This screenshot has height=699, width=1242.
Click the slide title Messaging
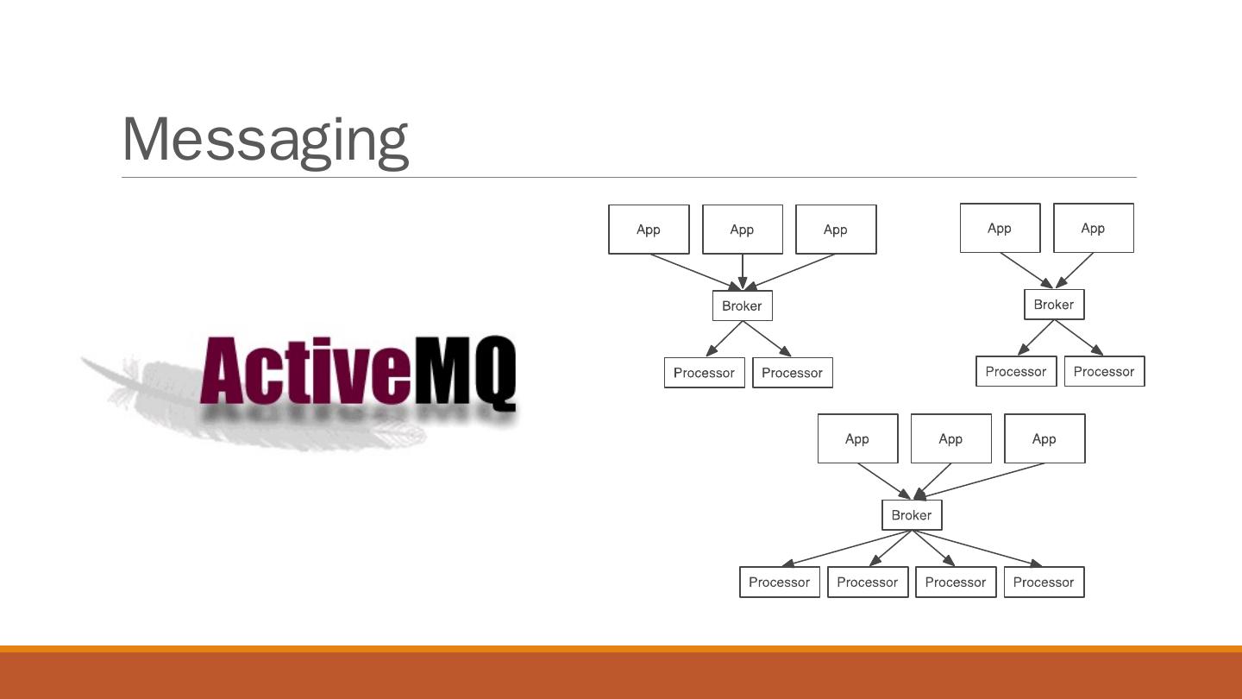click(x=265, y=139)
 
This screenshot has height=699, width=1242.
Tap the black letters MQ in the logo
click(x=465, y=373)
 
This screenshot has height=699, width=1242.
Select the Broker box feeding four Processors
click(x=912, y=515)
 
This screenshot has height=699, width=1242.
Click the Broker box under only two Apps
click(x=1053, y=305)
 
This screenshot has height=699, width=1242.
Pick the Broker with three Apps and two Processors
click(x=742, y=305)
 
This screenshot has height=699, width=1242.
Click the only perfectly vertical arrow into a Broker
click(x=743, y=271)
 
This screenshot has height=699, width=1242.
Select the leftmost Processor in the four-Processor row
click(x=779, y=582)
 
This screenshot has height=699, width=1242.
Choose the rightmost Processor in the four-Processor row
click(x=1044, y=582)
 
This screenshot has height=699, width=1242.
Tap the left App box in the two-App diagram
click(x=1000, y=229)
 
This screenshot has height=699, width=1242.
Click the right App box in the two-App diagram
click(x=1093, y=229)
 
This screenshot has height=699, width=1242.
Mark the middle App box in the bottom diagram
click(x=950, y=438)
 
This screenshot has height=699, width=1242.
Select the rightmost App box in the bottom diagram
click(x=1044, y=438)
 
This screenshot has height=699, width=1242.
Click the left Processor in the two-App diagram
click(x=1015, y=372)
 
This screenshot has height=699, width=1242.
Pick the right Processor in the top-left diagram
click(x=792, y=373)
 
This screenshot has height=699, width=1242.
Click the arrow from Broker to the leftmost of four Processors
click(x=845, y=549)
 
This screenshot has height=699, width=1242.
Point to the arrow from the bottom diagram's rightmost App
click(x=979, y=481)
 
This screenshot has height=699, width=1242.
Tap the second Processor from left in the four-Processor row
click(x=867, y=582)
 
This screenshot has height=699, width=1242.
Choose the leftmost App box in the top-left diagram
click(x=649, y=230)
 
